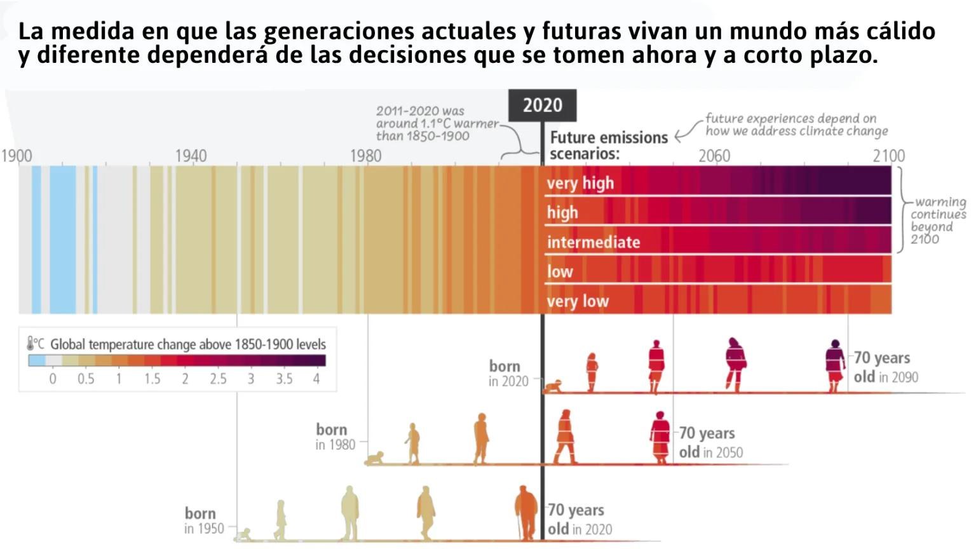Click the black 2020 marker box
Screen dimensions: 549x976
(x=542, y=105)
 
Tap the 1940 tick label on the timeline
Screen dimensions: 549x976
(x=191, y=156)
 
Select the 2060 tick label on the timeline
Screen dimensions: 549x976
(x=714, y=156)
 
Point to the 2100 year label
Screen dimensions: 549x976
(x=888, y=156)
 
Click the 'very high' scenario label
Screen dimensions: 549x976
(x=580, y=183)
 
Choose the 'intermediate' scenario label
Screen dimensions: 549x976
(x=593, y=242)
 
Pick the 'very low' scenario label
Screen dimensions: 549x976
(x=578, y=301)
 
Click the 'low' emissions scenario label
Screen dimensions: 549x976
(x=560, y=272)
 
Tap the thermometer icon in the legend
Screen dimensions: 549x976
(x=30, y=344)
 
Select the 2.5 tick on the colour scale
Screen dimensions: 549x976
(x=218, y=379)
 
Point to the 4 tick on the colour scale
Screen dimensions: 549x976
(x=316, y=379)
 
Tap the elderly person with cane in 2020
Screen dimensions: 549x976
(x=526, y=512)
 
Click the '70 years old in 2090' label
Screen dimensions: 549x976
(x=885, y=367)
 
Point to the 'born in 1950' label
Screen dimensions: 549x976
(x=203, y=520)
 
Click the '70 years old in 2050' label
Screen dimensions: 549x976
(x=710, y=442)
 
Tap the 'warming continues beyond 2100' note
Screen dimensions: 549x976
(x=938, y=220)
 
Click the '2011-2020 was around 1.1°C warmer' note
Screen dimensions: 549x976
(x=437, y=123)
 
